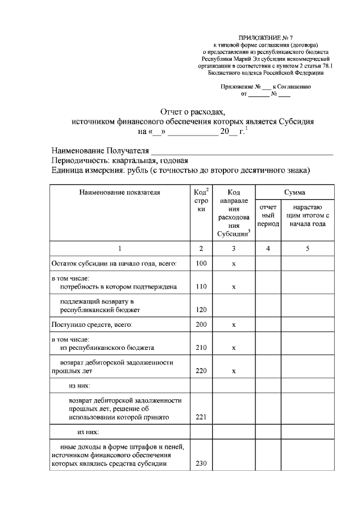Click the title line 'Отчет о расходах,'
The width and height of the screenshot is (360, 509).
(192, 111)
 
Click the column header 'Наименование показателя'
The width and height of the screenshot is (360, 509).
(120, 192)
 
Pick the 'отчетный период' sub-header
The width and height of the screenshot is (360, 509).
(268, 215)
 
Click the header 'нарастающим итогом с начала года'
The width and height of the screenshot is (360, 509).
(308, 215)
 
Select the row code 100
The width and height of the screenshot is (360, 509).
(201, 263)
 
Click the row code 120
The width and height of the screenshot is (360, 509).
(201, 309)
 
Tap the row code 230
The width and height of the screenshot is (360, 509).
(201, 464)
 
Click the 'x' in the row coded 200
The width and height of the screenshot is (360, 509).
(233, 325)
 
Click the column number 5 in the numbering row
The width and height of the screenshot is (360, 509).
(308, 247)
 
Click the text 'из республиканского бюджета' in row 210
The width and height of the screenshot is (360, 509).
(107, 348)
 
